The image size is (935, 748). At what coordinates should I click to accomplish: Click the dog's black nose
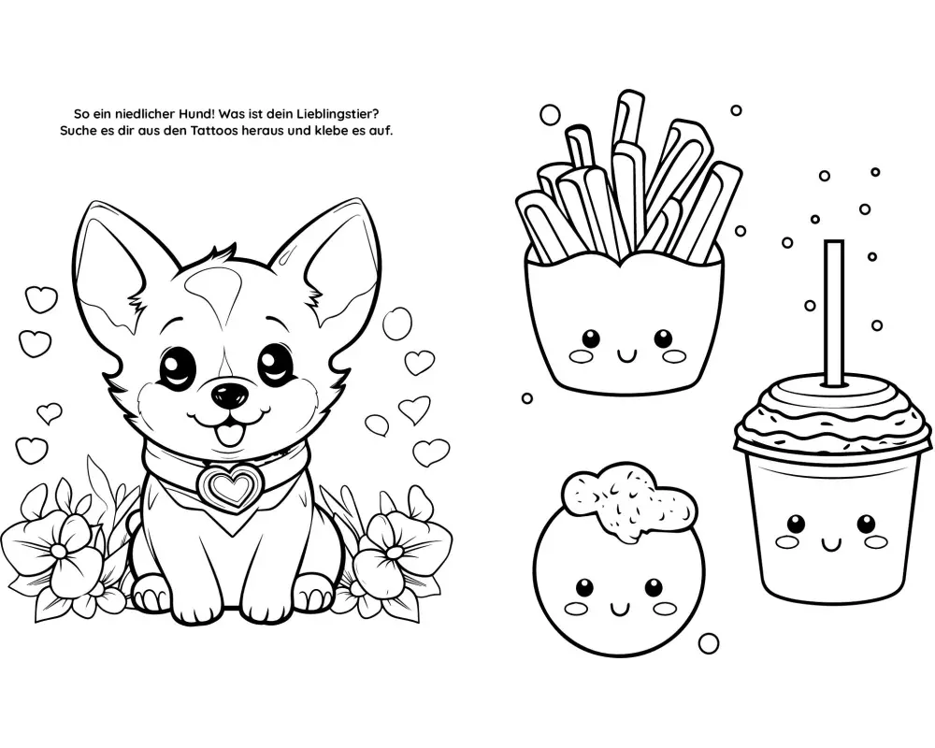point(230,395)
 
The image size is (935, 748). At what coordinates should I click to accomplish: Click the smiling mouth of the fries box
point(626,356)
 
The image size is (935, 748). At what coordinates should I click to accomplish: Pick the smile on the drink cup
point(830,543)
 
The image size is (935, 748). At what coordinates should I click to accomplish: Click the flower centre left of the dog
point(60,550)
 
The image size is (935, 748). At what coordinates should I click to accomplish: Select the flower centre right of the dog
point(395,551)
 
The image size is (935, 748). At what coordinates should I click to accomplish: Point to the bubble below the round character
point(709,643)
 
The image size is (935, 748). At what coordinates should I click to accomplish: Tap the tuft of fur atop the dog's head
point(218,254)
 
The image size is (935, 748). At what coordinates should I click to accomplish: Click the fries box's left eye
point(591,338)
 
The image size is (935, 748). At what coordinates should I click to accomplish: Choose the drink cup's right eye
point(867,525)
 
